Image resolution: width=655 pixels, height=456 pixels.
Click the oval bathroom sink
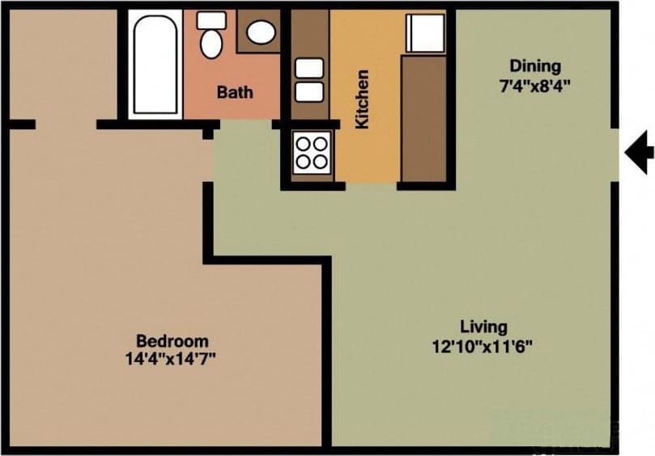click(261, 32)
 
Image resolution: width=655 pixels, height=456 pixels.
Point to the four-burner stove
click(313, 152)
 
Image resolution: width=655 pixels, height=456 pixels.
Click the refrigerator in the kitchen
click(426, 32)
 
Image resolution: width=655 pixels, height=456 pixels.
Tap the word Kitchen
click(363, 99)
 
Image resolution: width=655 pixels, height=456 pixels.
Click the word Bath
click(234, 92)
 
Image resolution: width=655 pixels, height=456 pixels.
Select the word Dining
click(534, 65)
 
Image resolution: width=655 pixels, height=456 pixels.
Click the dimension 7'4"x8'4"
click(534, 86)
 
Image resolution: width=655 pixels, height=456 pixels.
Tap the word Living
click(483, 327)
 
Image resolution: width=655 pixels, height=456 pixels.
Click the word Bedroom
click(172, 340)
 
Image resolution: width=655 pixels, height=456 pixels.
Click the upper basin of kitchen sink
click(309, 68)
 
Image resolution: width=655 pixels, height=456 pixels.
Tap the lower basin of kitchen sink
click(309, 92)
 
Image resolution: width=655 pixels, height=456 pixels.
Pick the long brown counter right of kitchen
click(424, 118)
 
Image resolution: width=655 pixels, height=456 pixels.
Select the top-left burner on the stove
click(304, 143)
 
